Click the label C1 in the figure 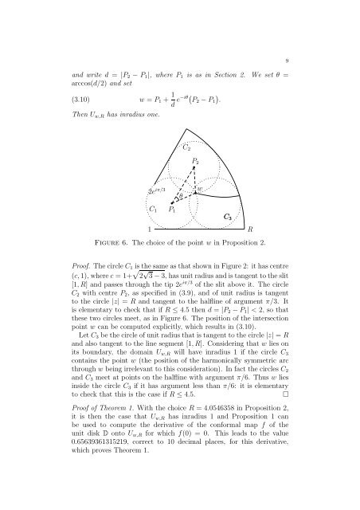(154, 209)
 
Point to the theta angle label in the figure (182, 194)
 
